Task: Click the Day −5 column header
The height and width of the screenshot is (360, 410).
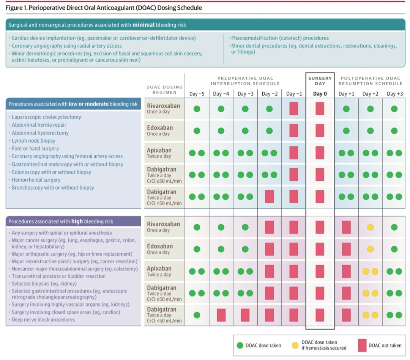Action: click(x=197, y=94)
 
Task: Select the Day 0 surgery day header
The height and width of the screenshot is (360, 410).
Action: click(x=320, y=94)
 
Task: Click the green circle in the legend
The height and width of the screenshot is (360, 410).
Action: click(x=240, y=345)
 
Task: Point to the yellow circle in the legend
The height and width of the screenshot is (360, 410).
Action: click(x=295, y=345)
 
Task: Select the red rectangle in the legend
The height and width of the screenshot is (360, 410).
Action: click(x=362, y=345)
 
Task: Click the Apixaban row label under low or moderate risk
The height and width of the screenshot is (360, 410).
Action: click(x=159, y=153)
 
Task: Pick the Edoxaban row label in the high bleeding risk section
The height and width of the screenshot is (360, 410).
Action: click(x=160, y=249)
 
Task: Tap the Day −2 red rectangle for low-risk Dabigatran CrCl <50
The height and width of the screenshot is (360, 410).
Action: click(x=269, y=197)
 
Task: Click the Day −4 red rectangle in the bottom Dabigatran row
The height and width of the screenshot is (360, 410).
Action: click(x=221, y=315)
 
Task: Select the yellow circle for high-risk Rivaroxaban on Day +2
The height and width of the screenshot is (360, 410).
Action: click(x=370, y=227)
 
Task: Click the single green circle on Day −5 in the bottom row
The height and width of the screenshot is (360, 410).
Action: click(x=197, y=315)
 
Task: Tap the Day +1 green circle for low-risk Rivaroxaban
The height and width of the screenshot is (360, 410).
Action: click(x=346, y=109)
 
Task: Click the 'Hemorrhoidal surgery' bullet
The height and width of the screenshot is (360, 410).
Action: click(x=36, y=180)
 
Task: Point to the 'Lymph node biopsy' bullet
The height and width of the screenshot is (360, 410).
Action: click(x=33, y=141)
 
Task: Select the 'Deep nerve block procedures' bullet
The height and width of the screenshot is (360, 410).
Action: click(x=43, y=319)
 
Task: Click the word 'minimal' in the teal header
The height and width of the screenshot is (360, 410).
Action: click(x=142, y=25)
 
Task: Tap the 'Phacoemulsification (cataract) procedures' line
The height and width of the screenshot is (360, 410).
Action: click(x=280, y=38)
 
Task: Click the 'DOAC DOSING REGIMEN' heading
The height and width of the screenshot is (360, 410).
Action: click(x=164, y=90)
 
